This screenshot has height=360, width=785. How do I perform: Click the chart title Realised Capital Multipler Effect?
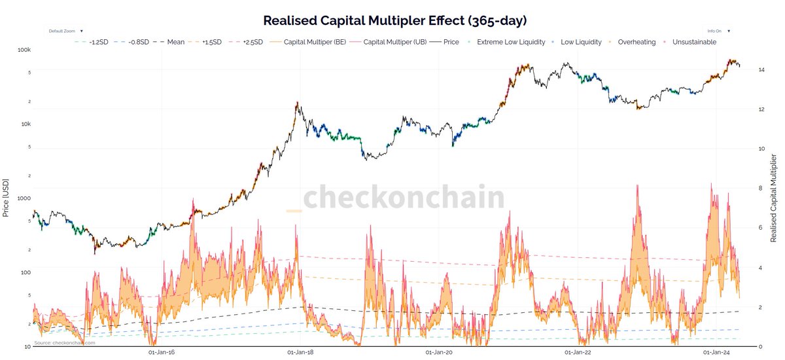pos(392,20)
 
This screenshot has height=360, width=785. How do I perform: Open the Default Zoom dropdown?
pos(63,30)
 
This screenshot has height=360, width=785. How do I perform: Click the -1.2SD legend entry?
pos(95,42)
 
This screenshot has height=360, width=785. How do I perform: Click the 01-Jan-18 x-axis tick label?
pos(299,352)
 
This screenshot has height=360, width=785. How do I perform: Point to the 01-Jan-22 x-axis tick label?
pos(577,352)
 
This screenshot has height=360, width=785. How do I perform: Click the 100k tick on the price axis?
pos(25,50)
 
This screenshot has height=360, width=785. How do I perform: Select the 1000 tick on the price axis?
pos(24,198)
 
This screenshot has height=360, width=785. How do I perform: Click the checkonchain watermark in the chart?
pos(396,200)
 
